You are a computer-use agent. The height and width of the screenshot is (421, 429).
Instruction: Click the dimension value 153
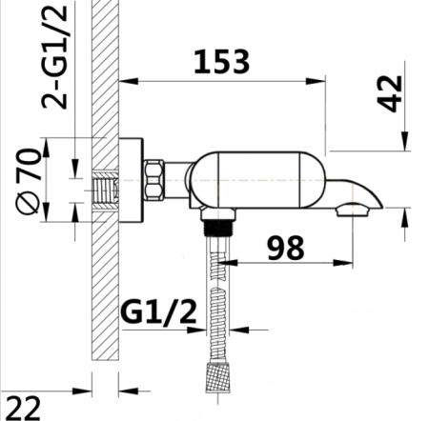(222, 62)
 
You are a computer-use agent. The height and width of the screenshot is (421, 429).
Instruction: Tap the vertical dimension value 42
(390, 91)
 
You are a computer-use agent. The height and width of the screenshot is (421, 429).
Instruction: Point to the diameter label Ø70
(31, 181)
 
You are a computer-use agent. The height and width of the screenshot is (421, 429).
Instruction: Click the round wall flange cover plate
(131, 181)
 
